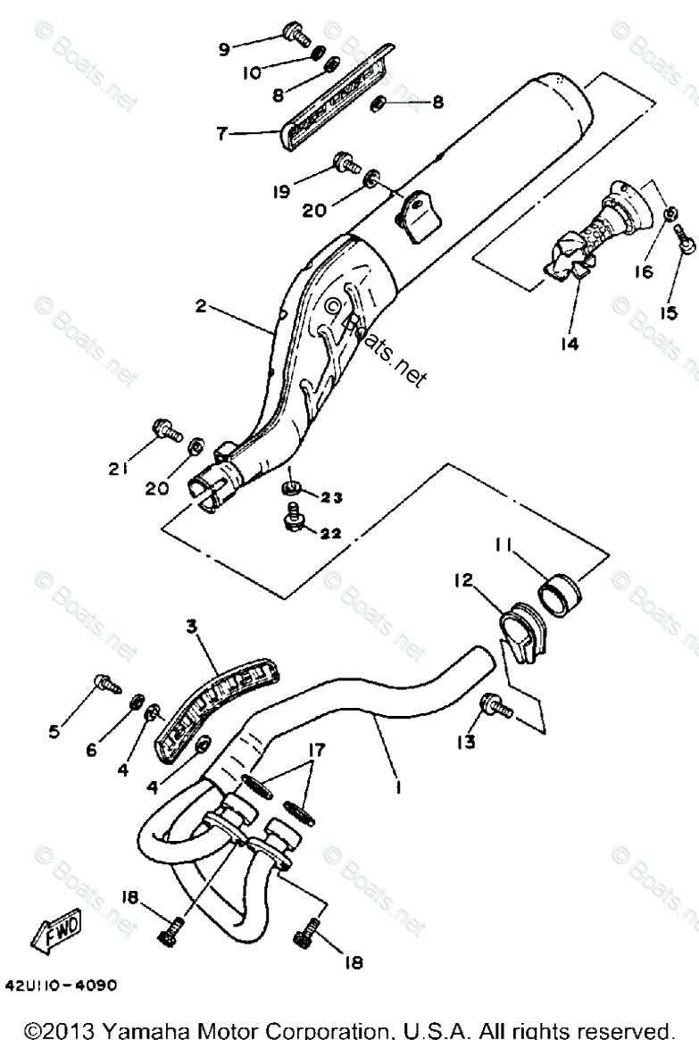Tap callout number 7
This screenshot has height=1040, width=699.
pyautogui.click(x=221, y=134)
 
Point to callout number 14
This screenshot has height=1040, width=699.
pyautogui.click(x=570, y=343)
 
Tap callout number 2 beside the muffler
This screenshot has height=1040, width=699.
pyautogui.click(x=201, y=306)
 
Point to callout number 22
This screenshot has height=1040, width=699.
pyautogui.click(x=329, y=534)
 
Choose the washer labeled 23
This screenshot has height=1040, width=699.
pyautogui.click(x=291, y=487)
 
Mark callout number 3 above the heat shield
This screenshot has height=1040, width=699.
pyautogui.click(x=190, y=628)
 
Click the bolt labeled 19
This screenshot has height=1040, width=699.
pyautogui.click(x=344, y=162)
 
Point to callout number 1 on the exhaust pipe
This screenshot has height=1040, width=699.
pyautogui.click(x=399, y=787)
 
